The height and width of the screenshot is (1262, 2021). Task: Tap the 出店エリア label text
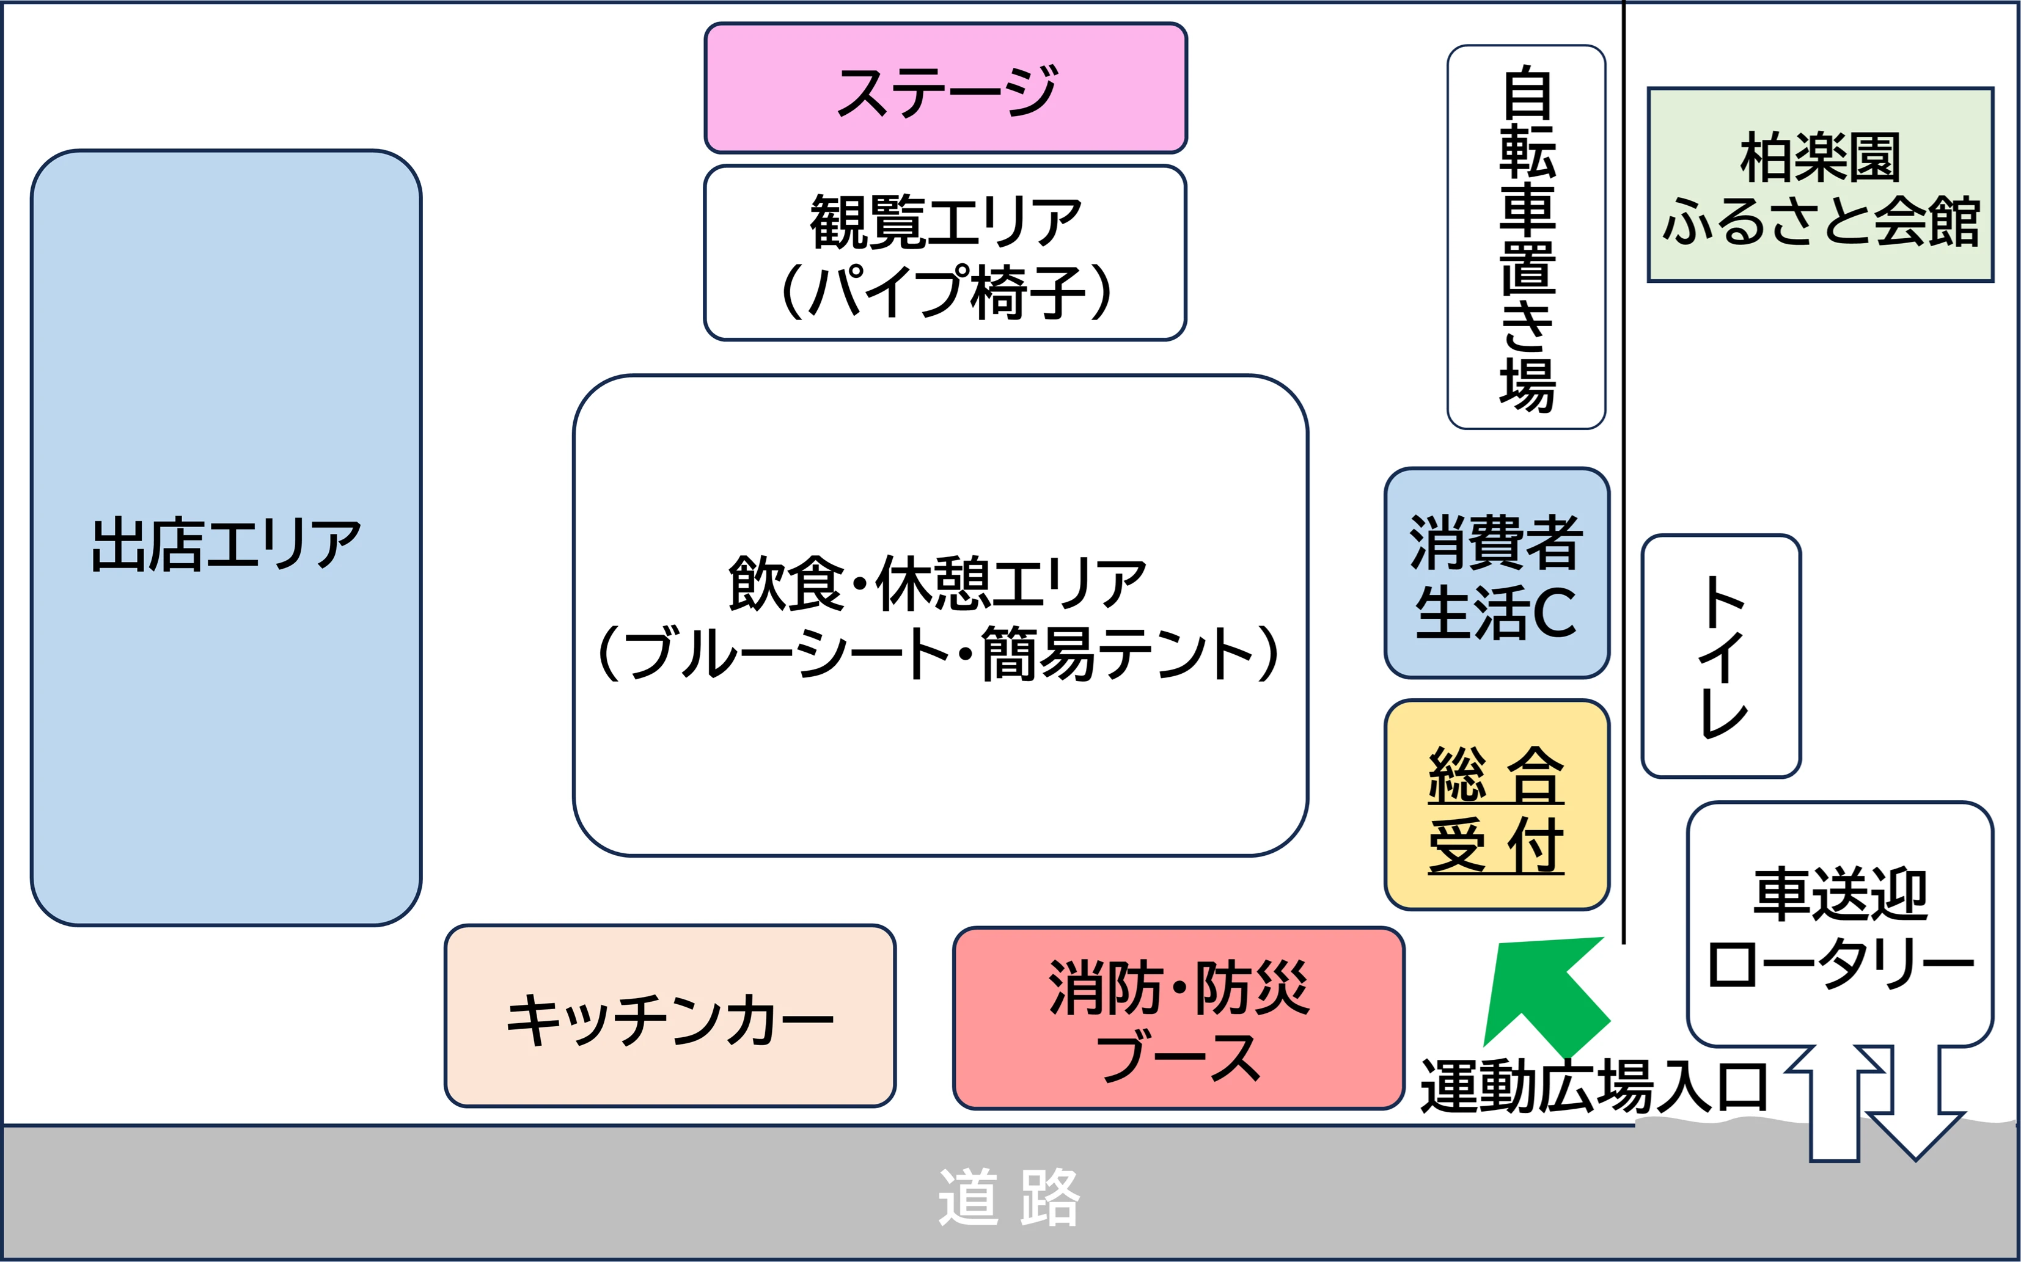click(226, 544)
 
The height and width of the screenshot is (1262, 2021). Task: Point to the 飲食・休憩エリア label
click(937, 583)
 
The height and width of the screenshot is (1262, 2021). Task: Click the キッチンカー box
click(670, 1016)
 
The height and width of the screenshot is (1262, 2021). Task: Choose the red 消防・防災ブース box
click(1178, 1019)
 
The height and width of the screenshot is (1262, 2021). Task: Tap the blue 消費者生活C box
click(1496, 574)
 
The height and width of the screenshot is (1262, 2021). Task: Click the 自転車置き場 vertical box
click(1526, 238)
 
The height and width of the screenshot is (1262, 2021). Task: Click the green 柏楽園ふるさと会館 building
click(1820, 185)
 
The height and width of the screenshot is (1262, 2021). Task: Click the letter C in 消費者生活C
click(1554, 613)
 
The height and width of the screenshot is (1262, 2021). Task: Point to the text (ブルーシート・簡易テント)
click(938, 654)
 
